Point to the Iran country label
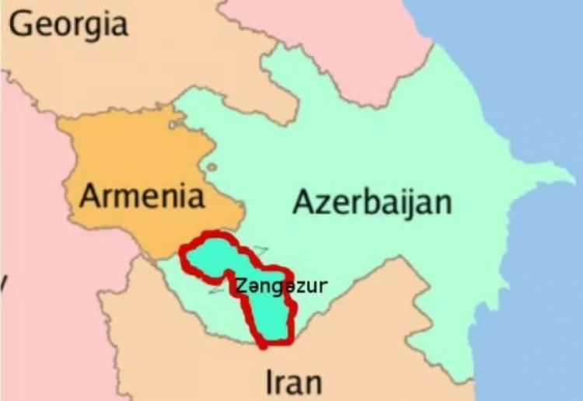(x=293, y=382)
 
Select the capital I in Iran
(x=270, y=382)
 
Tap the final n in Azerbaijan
(x=441, y=203)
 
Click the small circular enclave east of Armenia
(x=211, y=167)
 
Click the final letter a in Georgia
(x=117, y=25)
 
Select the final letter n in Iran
(x=312, y=383)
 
